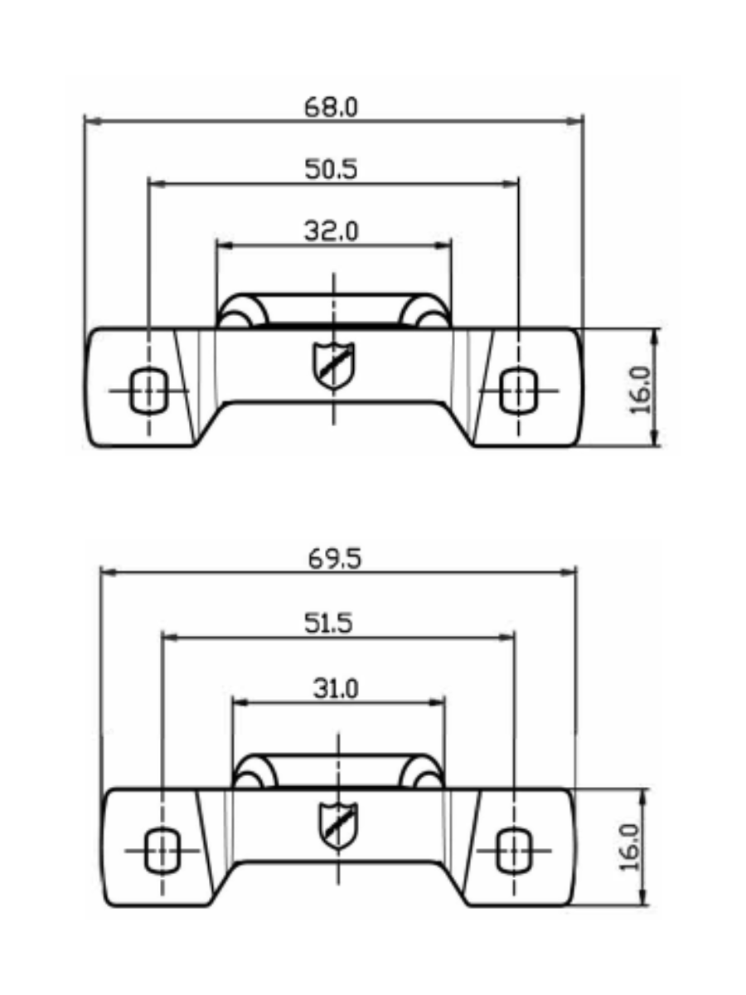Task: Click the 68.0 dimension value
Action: pyautogui.click(x=331, y=108)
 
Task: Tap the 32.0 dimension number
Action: pyautogui.click(x=331, y=231)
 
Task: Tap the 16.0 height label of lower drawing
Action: pyautogui.click(x=632, y=847)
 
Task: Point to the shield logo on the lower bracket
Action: pyautogui.click(x=338, y=825)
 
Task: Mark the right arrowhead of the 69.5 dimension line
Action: pyautogui.click(x=569, y=571)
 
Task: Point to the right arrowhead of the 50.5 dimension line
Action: pyautogui.click(x=512, y=182)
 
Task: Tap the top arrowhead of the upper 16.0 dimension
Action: pyautogui.click(x=656, y=334)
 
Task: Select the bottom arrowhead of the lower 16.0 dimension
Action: pyautogui.click(x=645, y=900)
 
